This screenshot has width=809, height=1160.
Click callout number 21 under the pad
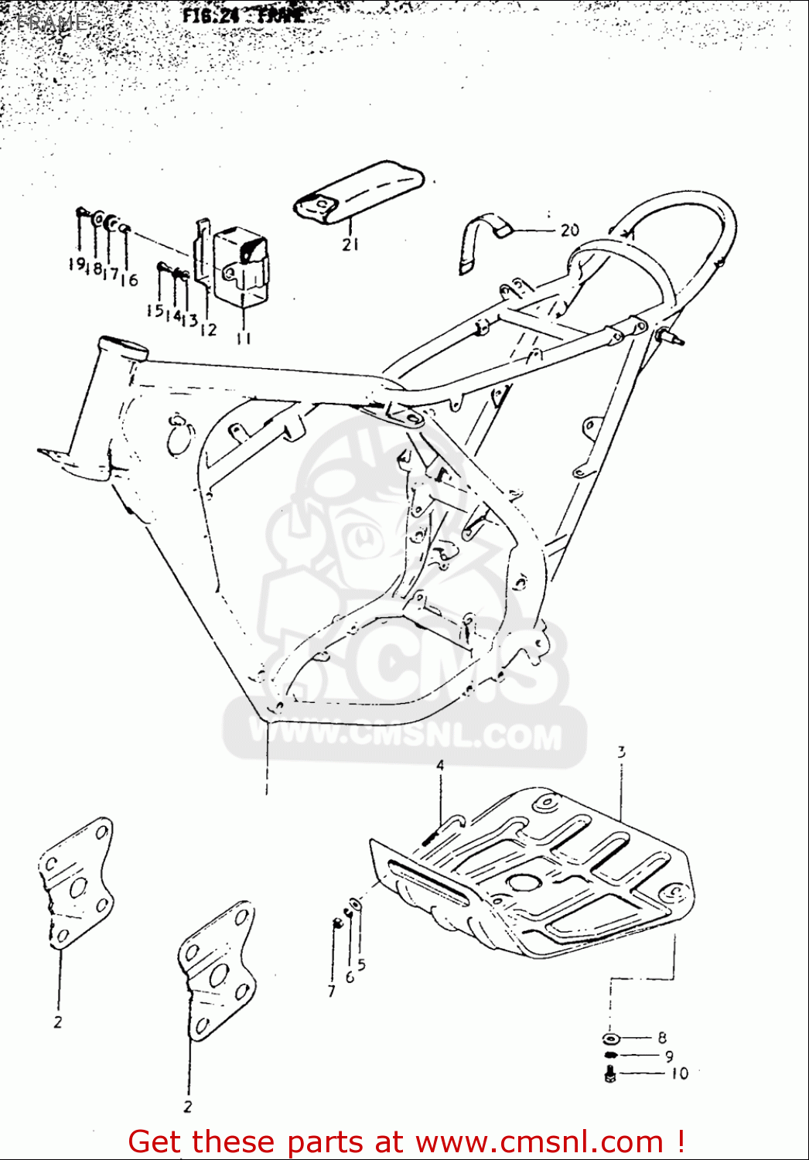pyautogui.click(x=350, y=244)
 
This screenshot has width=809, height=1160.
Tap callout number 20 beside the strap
pyautogui.click(x=569, y=230)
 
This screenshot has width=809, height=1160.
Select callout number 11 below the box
pyautogui.click(x=244, y=338)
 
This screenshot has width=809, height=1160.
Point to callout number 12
pyautogui.click(x=208, y=329)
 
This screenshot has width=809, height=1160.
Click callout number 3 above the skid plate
pyautogui.click(x=621, y=751)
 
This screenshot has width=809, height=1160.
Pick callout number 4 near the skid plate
pyautogui.click(x=440, y=765)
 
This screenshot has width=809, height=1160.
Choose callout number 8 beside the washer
pyautogui.click(x=662, y=1038)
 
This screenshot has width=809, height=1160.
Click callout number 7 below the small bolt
pyautogui.click(x=332, y=991)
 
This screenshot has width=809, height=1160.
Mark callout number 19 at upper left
pyautogui.click(x=76, y=264)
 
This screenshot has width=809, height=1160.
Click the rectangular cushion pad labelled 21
pyautogui.click(x=360, y=193)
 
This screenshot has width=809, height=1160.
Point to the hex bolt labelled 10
pyautogui.click(x=609, y=1073)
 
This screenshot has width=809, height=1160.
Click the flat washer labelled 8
pyautogui.click(x=610, y=1038)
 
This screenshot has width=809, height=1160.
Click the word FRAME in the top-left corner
pyautogui.click(x=53, y=22)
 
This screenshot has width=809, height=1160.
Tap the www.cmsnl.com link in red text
pyautogui.click(x=539, y=1142)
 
